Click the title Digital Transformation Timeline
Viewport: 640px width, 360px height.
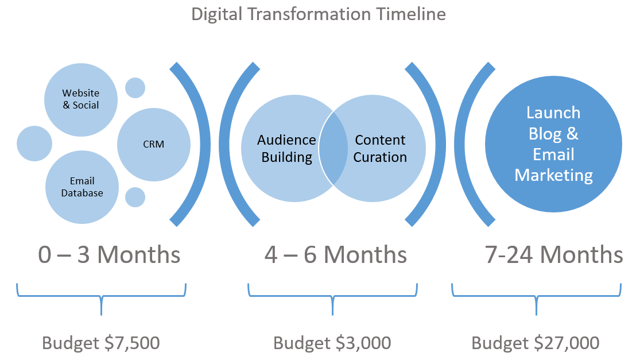(319, 14)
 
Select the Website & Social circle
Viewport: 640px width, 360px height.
(81, 99)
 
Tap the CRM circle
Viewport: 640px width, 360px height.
(153, 144)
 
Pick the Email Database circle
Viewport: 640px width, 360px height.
(82, 187)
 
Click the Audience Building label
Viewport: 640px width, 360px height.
(286, 148)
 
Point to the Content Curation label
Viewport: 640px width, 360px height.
(380, 148)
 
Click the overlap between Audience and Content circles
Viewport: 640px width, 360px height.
(333, 149)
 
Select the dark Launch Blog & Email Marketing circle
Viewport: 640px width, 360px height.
(553, 144)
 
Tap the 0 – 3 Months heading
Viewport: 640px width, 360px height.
(109, 254)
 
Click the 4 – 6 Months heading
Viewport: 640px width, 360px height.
(335, 254)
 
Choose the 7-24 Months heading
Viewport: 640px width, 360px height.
(554, 254)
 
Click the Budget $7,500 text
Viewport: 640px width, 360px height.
(100, 343)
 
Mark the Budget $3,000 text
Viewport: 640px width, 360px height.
(332, 343)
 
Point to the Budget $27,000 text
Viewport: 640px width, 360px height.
(536, 343)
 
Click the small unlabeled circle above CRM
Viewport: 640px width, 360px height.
(135, 88)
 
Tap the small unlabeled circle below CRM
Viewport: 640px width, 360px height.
(135, 197)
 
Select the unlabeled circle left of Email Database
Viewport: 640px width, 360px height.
(34, 144)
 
